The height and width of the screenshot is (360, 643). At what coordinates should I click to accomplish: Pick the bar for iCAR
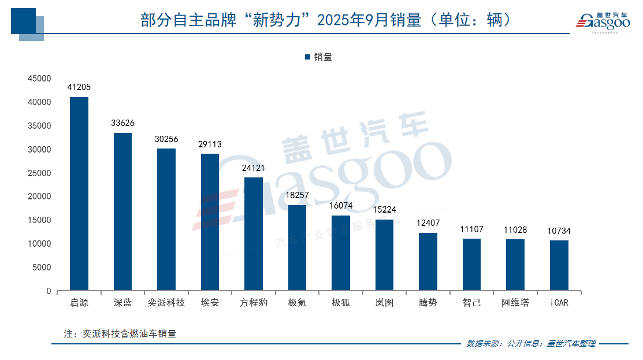(x=559, y=266)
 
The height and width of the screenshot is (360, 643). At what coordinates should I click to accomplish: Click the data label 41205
(x=79, y=87)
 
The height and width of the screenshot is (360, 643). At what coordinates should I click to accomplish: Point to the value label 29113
(x=210, y=144)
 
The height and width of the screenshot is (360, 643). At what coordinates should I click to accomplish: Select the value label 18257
(x=297, y=195)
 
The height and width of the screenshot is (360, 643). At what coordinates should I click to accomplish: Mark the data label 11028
(x=515, y=229)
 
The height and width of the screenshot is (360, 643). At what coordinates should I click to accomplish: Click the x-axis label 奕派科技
(x=166, y=303)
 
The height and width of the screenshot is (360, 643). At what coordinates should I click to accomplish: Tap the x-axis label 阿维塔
(x=515, y=303)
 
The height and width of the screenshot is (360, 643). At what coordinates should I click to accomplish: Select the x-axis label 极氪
(x=297, y=303)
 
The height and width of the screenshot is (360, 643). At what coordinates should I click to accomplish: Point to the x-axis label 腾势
(x=428, y=303)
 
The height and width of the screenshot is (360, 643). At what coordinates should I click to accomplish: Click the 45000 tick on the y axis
(x=41, y=79)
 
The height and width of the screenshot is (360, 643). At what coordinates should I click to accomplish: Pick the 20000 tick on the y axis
(x=41, y=196)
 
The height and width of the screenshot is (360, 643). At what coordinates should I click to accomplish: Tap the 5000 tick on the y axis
(x=43, y=268)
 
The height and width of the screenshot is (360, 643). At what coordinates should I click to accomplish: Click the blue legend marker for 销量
(x=307, y=57)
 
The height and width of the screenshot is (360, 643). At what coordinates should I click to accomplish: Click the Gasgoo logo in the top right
(x=602, y=21)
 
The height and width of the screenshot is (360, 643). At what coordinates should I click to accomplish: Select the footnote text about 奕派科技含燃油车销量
(x=120, y=333)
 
